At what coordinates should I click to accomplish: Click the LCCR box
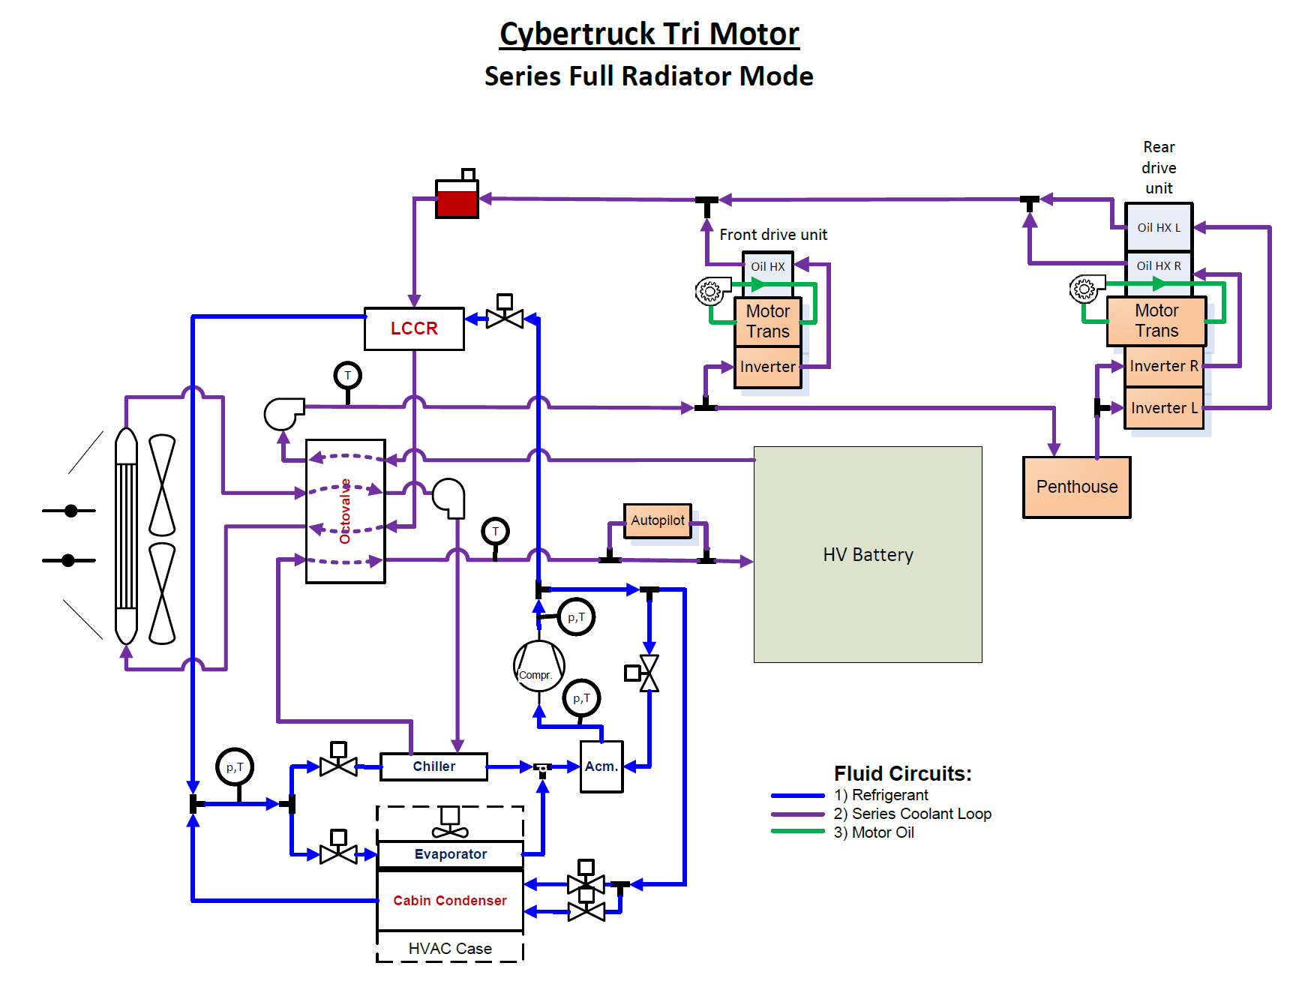pos(414,328)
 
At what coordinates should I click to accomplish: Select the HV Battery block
pos(868,554)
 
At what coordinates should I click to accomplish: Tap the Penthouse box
pos(1076,487)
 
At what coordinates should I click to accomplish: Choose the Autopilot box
pos(658,520)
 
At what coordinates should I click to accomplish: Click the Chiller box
pos(433,766)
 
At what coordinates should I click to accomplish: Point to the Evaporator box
pos(450,854)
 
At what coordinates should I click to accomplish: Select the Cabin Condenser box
pos(450,901)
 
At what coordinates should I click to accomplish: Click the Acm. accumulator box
pos(601,766)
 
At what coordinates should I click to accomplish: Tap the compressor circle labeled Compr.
pos(538,666)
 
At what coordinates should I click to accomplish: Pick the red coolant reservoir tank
pos(457,201)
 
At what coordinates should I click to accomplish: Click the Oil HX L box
pos(1159,227)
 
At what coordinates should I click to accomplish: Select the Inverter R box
pos(1164,366)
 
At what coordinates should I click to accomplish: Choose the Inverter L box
pos(1164,408)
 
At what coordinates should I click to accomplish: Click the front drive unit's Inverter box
pos(767,367)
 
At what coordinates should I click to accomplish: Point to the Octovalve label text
pos(345,511)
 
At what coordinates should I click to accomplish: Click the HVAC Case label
pos(450,949)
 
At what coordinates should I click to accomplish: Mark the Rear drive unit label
pos(1159,168)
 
